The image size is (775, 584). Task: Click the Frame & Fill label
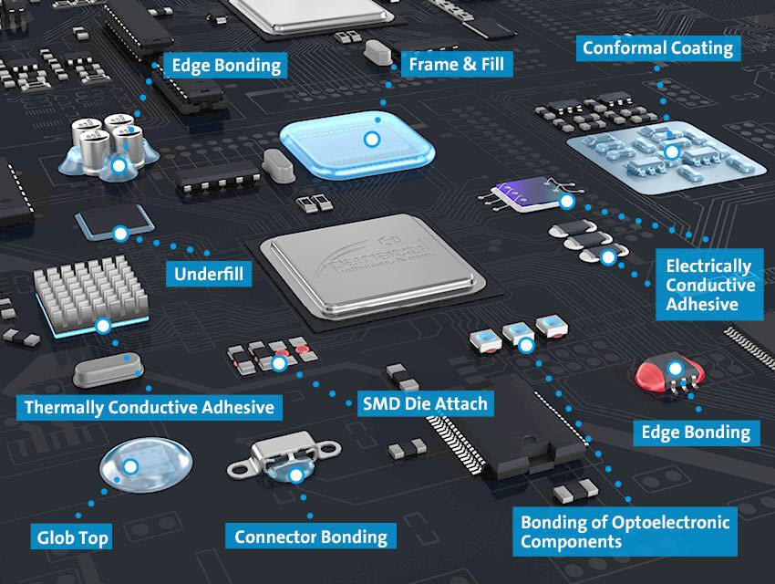coord(456,65)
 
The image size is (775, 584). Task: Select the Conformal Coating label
coord(657,47)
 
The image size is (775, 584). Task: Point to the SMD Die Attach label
coord(423,402)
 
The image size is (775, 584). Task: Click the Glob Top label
coord(72,537)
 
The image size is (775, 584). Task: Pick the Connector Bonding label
coord(310,537)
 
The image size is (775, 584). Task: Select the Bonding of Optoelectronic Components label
coord(625,532)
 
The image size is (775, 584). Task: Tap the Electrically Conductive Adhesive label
coord(709,285)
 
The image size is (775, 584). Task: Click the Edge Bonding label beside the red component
coord(696,432)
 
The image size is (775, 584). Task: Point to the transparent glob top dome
coord(131,468)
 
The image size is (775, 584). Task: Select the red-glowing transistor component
coord(673,373)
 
